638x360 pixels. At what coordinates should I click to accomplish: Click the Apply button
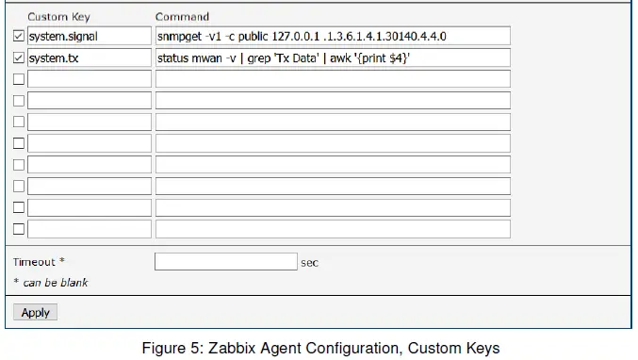(x=35, y=312)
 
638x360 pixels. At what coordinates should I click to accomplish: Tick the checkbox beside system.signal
(x=19, y=36)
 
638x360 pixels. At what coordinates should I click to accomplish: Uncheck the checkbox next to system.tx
(x=19, y=58)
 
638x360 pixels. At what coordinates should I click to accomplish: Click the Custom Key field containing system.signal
(x=89, y=36)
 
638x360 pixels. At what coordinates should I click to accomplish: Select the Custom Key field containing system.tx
(x=89, y=58)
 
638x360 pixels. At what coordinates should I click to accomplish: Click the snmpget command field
(x=333, y=36)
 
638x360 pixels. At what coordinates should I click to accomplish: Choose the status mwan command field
(x=333, y=58)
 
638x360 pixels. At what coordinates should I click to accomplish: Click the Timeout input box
(x=225, y=262)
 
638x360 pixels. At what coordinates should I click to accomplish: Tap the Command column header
(x=183, y=16)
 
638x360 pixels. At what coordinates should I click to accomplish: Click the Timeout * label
(x=39, y=262)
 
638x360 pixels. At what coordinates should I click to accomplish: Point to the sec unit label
(x=310, y=263)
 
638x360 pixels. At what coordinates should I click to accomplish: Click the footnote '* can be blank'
(x=51, y=282)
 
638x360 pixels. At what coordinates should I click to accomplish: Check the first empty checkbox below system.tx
(x=19, y=79)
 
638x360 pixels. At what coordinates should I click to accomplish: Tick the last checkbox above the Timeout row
(x=19, y=229)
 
